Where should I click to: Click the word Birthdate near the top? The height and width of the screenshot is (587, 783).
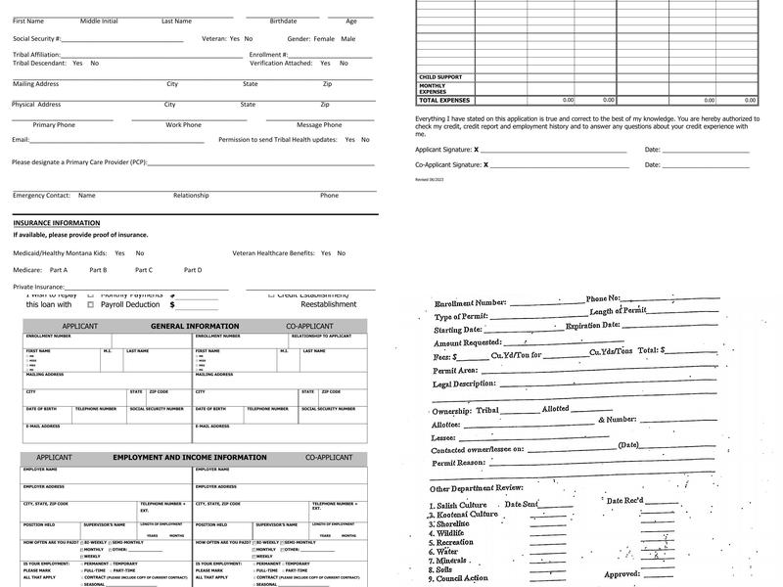[283, 21]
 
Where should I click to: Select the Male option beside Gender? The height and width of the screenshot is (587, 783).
[348, 39]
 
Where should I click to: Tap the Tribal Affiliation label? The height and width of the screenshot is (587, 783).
[36, 55]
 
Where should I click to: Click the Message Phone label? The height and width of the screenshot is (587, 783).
[319, 125]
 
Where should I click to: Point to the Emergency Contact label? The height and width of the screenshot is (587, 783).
[41, 196]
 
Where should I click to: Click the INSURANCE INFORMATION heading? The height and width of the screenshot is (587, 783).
[56, 223]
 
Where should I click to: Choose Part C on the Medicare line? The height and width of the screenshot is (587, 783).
[144, 270]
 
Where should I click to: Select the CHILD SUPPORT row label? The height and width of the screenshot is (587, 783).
[440, 77]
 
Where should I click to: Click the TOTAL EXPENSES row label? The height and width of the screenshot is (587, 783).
[444, 100]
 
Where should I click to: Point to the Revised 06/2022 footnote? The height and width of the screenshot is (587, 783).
[429, 180]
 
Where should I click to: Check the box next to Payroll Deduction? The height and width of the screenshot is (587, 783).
[90, 304]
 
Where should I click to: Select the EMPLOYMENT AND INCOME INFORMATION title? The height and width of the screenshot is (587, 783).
[190, 457]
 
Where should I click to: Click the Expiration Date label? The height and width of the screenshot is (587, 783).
[592, 325]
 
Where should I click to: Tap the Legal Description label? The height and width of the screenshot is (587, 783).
[464, 384]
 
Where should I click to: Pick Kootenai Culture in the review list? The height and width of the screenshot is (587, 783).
[463, 515]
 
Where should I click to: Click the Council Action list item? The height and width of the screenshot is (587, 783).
[463, 578]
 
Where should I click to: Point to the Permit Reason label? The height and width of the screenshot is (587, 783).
[459, 463]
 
